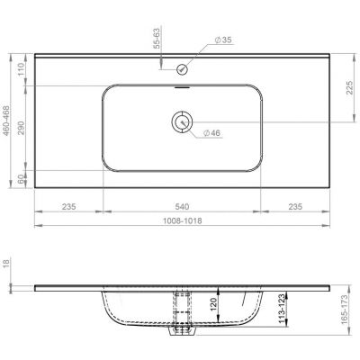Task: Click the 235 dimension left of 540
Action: click(67, 205)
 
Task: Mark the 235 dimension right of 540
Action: click(295, 205)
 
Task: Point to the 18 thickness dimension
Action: click(8, 262)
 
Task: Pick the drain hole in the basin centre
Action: click(183, 121)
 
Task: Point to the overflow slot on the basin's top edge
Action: click(183, 88)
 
